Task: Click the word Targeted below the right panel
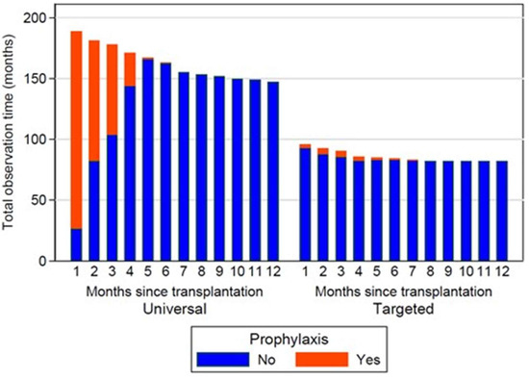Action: click(402, 308)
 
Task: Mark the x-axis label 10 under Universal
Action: click(237, 274)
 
